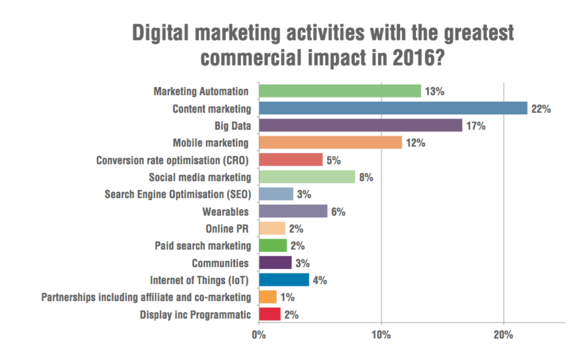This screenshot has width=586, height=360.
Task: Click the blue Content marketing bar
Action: point(393,109)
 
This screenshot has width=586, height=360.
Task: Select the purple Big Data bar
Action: point(360,126)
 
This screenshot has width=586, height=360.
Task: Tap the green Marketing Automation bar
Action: point(340,91)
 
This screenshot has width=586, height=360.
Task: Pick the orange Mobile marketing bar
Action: point(330,143)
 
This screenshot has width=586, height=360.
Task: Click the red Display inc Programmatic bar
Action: point(270,314)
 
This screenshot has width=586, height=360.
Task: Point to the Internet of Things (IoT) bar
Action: point(284,280)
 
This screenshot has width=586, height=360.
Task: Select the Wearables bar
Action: point(293,211)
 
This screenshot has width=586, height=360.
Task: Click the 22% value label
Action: point(540,109)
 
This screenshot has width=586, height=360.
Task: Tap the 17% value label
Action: point(475,126)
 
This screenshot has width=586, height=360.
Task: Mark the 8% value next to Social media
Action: point(366,177)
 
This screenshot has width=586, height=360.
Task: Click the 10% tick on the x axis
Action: point(381,335)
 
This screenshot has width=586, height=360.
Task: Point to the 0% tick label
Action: point(259,335)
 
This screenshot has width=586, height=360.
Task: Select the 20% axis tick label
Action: point(504,335)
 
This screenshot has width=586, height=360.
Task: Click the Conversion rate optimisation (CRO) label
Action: point(172,160)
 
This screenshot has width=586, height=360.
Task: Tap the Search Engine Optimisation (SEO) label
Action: point(178,194)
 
